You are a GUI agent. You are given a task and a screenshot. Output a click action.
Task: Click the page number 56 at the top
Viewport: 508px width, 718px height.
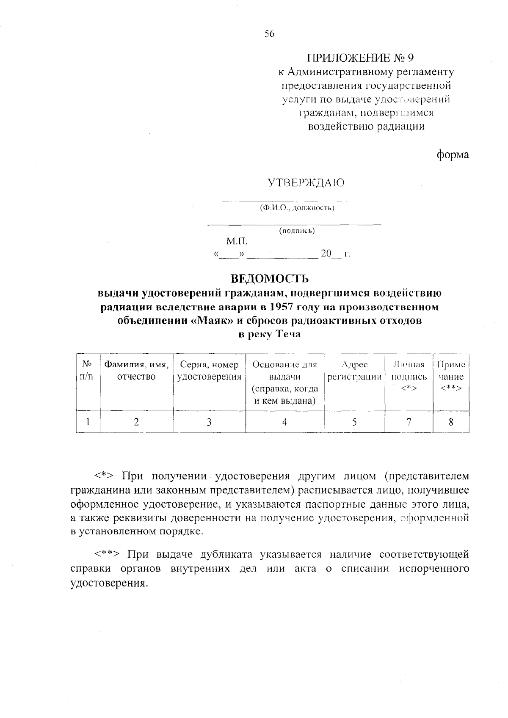tap(270, 34)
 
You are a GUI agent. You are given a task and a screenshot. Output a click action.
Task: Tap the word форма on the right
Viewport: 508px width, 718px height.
tap(453, 155)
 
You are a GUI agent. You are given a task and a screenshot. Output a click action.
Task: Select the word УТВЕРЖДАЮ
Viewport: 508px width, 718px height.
tap(306, 183)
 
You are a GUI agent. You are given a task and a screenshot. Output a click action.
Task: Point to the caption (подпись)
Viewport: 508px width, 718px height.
tap(296, 231)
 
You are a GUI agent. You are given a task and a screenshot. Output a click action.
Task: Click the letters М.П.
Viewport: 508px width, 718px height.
tap(237, 242)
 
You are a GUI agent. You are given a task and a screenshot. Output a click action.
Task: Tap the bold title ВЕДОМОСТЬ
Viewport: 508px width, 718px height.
tap(270, 279)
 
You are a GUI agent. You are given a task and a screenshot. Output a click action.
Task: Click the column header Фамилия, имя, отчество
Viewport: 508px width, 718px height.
tap(136, 371)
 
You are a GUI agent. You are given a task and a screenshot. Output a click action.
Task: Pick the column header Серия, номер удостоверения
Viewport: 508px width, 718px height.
tap(209, 371)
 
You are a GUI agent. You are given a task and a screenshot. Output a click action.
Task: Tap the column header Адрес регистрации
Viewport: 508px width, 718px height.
tap(354, 371)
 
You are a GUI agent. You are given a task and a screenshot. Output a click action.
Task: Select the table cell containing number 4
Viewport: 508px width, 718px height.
tap(284, 421)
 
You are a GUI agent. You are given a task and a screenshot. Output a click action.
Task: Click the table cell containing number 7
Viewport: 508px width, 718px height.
tap(409, 421)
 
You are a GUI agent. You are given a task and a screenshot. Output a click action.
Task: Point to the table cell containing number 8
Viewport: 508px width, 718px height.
tap(451, 421)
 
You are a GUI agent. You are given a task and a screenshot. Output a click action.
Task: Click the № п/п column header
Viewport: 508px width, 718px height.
tap(87, 370)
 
